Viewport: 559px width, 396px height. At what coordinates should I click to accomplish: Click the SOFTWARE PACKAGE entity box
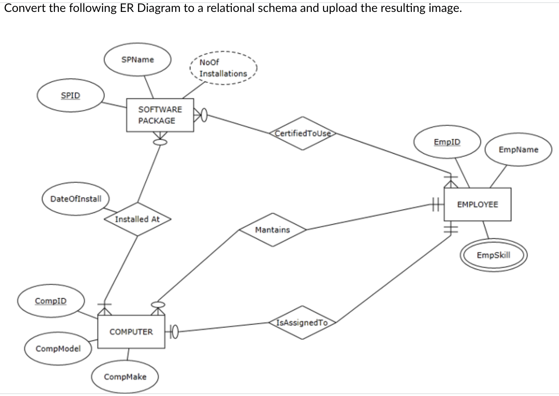[160, 115]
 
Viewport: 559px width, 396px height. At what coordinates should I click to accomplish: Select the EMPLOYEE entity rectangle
[477, 205]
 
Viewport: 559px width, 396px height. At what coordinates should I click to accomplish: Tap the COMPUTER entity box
[131, 332]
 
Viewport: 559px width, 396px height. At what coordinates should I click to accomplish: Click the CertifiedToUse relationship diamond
[303, 134]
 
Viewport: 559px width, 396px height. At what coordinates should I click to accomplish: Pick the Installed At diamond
[137, 219]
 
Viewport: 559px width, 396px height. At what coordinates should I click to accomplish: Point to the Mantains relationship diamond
[273, 230]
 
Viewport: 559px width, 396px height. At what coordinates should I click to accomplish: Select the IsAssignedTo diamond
[303, 323]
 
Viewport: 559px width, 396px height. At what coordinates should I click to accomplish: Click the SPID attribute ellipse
[71, 95]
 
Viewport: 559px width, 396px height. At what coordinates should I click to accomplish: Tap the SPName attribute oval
[138, 60]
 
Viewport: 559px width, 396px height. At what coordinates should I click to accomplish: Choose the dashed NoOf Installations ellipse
[223, 68]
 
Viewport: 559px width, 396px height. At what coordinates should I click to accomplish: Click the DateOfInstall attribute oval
[76, 199]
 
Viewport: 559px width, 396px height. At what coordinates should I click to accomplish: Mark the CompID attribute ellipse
[51, 301]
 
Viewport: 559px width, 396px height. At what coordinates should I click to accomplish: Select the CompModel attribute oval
[58, 349]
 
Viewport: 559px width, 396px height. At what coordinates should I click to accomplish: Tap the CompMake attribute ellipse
[125, 377]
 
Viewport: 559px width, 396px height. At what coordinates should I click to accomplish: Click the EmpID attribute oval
[447, 142]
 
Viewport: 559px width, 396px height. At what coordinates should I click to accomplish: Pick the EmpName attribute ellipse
[518, 150]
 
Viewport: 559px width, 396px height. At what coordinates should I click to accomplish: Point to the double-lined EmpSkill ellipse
[493, 255]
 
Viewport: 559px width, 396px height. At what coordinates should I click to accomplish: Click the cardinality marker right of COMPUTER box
[172, 331]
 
